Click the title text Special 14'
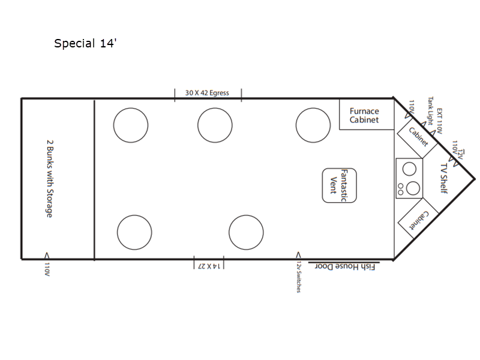tap(85, 43)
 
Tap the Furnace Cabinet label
tap(364, 115)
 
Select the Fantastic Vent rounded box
tap(339, 185)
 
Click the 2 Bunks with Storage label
tap(50, 179)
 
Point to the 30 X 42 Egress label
tap(207, 93)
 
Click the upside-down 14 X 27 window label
tap(209, 266)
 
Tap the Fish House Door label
tap(345, 266)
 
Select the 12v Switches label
tap(298, 277)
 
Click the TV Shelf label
tap(444, 178)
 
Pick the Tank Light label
tap(430, 111)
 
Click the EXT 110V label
tap(440, 121)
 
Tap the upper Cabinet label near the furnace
tap(418, 137)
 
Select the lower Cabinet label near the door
tap(419, 220)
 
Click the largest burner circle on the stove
tap(413, 188)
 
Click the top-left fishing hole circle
tap(131, 125)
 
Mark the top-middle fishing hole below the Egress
tap(215, 125)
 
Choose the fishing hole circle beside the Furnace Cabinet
tap(313, 125)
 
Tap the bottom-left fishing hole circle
tap(134, 232)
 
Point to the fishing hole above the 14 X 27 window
tap(246, 232)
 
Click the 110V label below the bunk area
tap(47, 269)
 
